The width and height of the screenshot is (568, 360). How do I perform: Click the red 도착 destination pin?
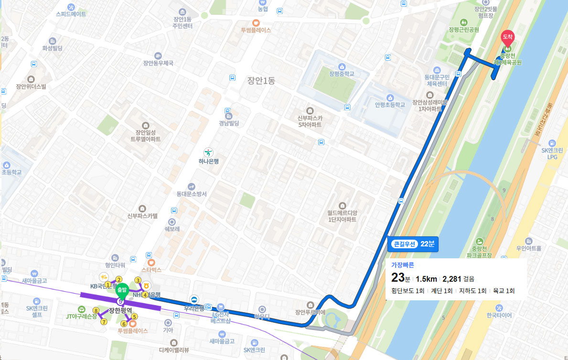tap(507, 37)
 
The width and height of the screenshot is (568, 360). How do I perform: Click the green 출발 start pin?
tap(121, 290)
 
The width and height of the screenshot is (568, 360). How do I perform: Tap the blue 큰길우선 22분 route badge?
tap(414, 244)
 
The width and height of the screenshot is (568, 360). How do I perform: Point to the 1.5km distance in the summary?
tap(426, 279)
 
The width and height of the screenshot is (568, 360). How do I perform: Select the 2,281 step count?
tap(452, 279)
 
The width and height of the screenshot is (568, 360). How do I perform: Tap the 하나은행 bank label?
tap(208, 161)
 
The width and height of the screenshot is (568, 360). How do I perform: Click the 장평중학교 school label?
tap(342, 74)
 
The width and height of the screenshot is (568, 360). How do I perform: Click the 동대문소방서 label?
tap(191, 194)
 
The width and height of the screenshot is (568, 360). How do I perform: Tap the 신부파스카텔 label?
tap(142, 216)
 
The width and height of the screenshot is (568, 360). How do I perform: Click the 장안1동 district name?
tap(261, 81)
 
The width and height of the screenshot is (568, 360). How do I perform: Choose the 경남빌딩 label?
tap(229, 123)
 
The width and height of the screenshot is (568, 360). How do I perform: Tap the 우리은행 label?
tap(194, 307)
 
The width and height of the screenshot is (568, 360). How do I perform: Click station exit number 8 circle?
tap(96, 311)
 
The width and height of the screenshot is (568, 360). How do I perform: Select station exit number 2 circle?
tap(119, 280)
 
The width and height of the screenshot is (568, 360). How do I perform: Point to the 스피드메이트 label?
tap(71, 14)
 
